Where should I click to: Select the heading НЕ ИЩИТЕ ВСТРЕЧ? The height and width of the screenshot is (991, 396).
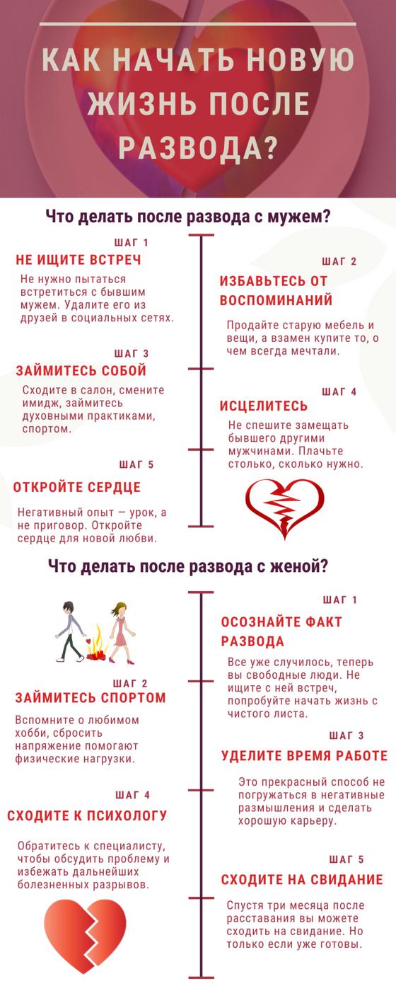[78, 260]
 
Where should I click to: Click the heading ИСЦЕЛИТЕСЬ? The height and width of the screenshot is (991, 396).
[263, 406]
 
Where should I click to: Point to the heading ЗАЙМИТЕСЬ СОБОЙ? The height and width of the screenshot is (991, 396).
[81, 370]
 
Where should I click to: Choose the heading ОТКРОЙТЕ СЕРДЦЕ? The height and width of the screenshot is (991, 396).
[77, 487]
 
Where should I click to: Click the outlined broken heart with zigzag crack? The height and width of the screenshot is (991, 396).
[285, 508]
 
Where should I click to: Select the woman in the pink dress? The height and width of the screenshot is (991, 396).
[120, 633]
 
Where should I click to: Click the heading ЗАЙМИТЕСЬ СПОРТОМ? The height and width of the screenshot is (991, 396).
[91, 698]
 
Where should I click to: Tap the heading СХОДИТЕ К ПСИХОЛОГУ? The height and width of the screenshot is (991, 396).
[87, 815]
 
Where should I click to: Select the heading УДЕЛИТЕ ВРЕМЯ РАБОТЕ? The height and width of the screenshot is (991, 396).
[304, 755]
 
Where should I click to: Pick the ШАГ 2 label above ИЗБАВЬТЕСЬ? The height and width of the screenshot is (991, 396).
[339, 261]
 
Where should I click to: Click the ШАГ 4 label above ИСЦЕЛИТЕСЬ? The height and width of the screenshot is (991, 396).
[339, 391]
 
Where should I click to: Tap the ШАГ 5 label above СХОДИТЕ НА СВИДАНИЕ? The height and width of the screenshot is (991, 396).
[346, 859]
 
